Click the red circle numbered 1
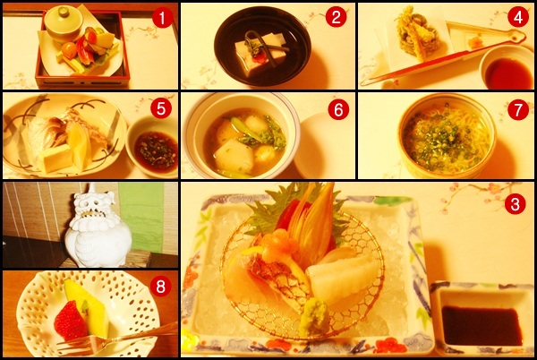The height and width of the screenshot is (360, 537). point(162,18)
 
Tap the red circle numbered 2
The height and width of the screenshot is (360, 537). point(336,17)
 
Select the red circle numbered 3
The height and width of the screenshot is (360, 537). point(516,204)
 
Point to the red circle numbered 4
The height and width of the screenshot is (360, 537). point(518,17)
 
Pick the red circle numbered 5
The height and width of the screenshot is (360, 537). point(160,108)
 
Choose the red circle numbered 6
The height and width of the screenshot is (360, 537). point(338,109)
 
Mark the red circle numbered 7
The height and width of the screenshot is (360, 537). point(518,109)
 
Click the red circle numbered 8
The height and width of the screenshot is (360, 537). point(160,287)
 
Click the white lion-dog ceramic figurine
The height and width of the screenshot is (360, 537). point(98,227)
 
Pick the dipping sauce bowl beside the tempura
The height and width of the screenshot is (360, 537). point(507,68)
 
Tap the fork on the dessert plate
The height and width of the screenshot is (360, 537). point(116,340)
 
